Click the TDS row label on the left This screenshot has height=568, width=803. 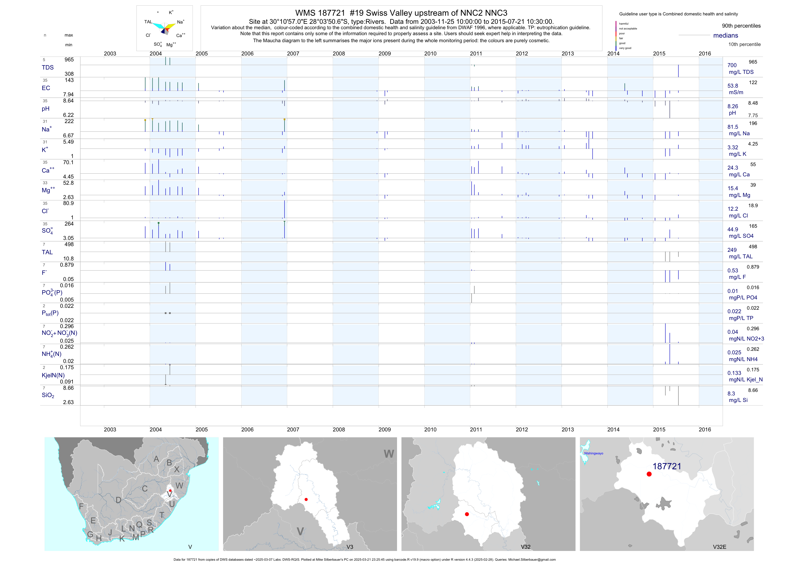click(x=48, y=68)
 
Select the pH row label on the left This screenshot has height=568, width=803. click(x=45, y=109)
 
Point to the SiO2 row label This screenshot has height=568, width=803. click(x=48, y=395)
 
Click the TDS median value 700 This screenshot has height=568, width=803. click(x=732, y=65)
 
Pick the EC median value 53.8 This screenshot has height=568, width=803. click(x=733, y=86)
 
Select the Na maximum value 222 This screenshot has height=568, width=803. click(x=69, y=121)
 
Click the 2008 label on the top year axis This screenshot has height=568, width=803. click(x=339, y=54)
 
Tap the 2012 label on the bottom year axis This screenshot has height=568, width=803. click(x=522, y=430)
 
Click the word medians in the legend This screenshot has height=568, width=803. click(x=726, y=35)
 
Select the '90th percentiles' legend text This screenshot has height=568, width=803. click(x=741, y=26)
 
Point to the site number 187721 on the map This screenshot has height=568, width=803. click(x=667, y=466)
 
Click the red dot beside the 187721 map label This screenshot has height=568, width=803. click(x=649, y=474)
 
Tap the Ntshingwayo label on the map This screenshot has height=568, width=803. click(x=593, y=453)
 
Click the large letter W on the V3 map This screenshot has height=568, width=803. click(x=389, y=454)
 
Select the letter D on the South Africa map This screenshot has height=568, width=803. click(x=118, y=500)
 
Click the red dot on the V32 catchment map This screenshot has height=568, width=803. click(x=467, y=514)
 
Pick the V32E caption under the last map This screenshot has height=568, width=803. click(x=719, y=547)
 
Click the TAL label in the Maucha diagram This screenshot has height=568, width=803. click(x=148, y=22)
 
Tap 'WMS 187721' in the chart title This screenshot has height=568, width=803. click(x=320, y=13)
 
